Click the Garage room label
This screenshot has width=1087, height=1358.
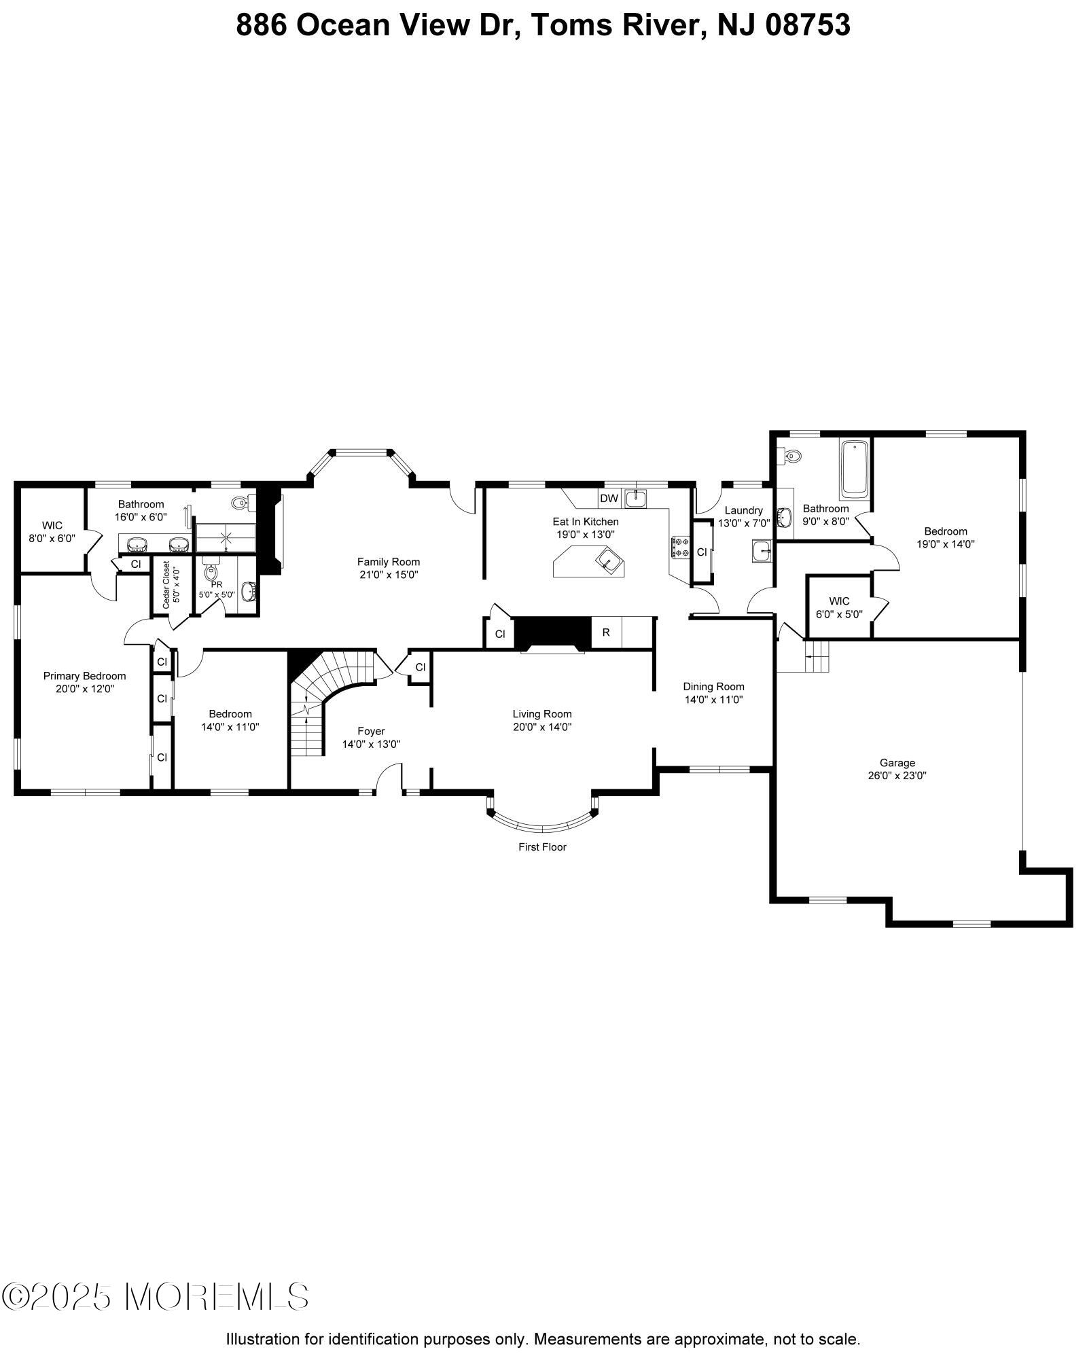(897, 763)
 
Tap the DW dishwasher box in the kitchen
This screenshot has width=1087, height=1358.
(609, 499)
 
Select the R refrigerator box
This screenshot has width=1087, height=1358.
(606, 632)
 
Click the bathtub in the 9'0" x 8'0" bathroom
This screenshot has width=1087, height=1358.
(855, 469)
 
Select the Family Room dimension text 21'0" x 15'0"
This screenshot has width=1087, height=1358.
(389, 575)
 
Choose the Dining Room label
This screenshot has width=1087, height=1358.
(713, 686)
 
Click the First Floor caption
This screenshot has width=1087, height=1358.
(542, 847)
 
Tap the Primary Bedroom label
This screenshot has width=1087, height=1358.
(84, 676)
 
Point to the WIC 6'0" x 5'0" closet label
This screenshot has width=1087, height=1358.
(839, 607)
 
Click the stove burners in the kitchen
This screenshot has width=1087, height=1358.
(680, 547)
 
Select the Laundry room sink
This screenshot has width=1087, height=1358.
(762, 550)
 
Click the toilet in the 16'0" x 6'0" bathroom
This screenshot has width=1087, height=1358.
(241, 503)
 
